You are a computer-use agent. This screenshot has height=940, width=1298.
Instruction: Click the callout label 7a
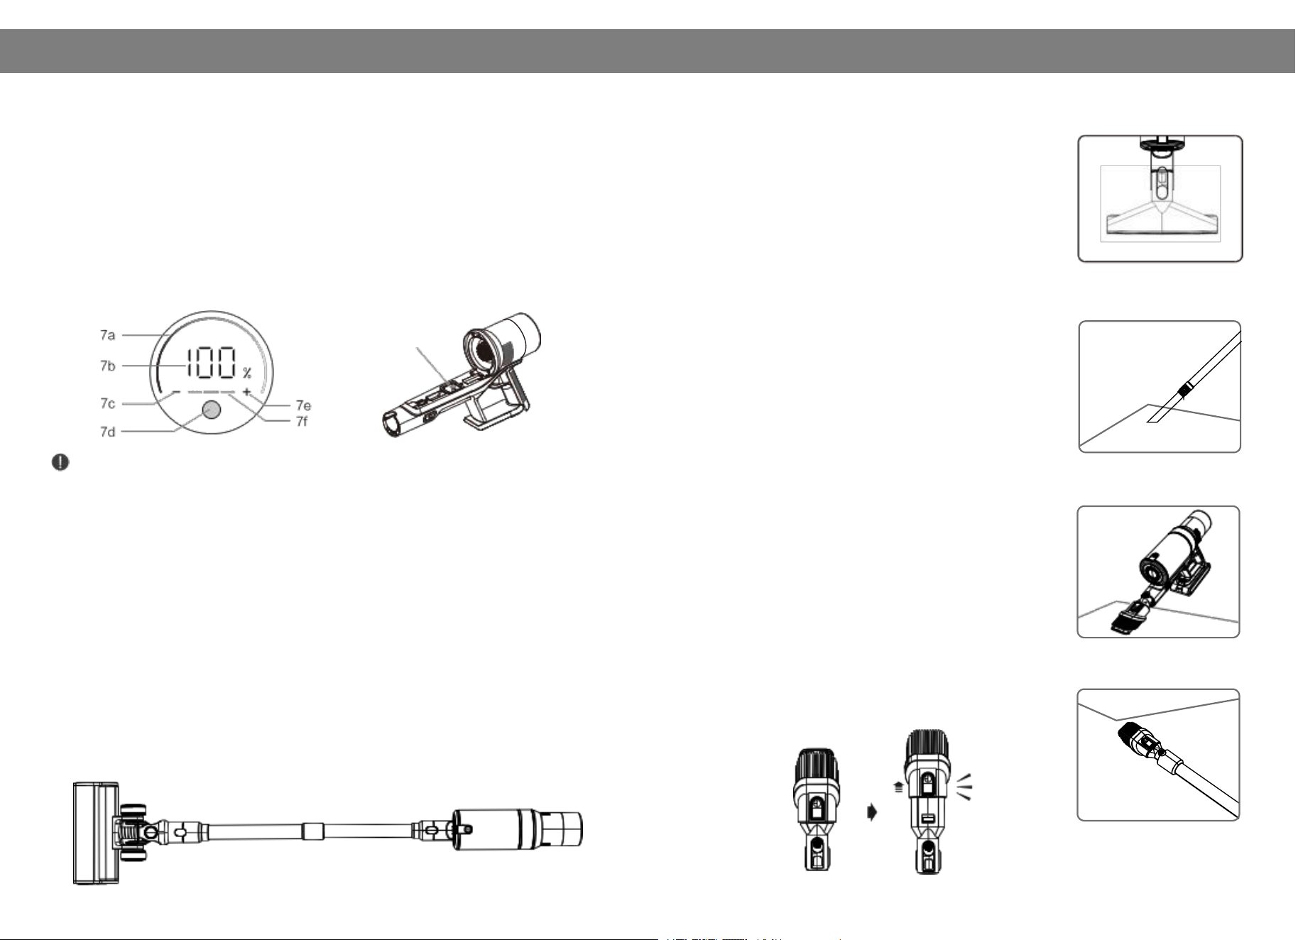click(107, 334)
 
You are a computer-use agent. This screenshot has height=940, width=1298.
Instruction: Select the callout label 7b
click(107, 366)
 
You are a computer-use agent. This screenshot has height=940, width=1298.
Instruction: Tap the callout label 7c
click(107, 404)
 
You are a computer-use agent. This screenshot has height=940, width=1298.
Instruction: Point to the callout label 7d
click(107, 432)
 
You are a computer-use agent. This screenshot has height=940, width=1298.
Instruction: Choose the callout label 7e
click(303, 406)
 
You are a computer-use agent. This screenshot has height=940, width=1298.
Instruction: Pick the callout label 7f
click(302, 422)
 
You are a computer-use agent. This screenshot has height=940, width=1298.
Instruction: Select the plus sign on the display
click(246, 392)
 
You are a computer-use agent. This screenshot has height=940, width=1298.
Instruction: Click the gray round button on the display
click(211, 411)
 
